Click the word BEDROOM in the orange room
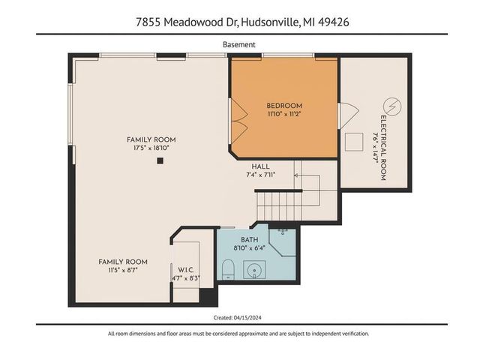[x=283, y=106]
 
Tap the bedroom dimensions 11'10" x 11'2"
[x=283, y=115]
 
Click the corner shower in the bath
[x=283, y=238]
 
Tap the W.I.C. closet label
[x=184, y=270]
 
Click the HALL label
[x=260, y=166]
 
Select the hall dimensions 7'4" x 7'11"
[x=262, y=175]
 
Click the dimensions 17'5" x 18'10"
[x=150, y=148]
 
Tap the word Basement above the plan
[x=239, y=44]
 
